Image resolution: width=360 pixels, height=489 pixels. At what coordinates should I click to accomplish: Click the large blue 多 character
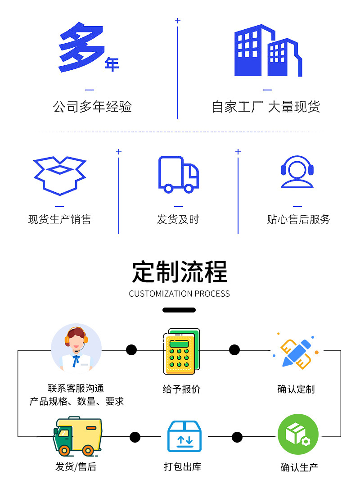tap(81, 47)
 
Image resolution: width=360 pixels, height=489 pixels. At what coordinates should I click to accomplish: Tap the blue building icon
tap(268, 50)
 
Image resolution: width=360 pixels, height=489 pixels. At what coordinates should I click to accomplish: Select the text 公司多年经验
tap(93, 107)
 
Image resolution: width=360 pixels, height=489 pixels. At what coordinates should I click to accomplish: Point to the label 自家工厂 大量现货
tap(266, 107)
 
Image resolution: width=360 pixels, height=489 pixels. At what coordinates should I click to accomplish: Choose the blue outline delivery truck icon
tap(178, 175)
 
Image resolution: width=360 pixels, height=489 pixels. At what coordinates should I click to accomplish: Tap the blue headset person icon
tap(297, 172)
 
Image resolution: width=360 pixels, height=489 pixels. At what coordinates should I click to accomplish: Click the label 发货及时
tap(178, 219)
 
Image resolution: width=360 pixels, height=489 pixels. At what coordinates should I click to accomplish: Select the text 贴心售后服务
tap(298, 219)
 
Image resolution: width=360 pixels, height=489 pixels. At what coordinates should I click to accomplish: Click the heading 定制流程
tap(180, 272)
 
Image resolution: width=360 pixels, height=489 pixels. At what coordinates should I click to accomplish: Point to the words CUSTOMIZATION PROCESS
tap(179, 294)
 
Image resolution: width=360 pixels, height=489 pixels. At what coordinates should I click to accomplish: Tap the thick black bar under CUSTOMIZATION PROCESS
tap(179, 310)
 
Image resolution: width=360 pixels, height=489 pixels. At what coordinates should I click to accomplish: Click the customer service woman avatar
tap(76, 349)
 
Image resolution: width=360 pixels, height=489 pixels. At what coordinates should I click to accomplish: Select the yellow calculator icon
tap(182, 351)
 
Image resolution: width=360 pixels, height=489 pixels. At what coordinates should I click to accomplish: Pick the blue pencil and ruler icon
tap(296, 352)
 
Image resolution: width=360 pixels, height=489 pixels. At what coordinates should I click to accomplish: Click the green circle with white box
tap(298, 434)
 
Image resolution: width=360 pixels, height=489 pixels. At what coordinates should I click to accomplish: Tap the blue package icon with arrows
tap(184, 436)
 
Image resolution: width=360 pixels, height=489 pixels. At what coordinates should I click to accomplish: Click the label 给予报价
tap(181, 389)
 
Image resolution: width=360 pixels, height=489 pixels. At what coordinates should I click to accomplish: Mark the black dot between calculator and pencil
tap(234, 350)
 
